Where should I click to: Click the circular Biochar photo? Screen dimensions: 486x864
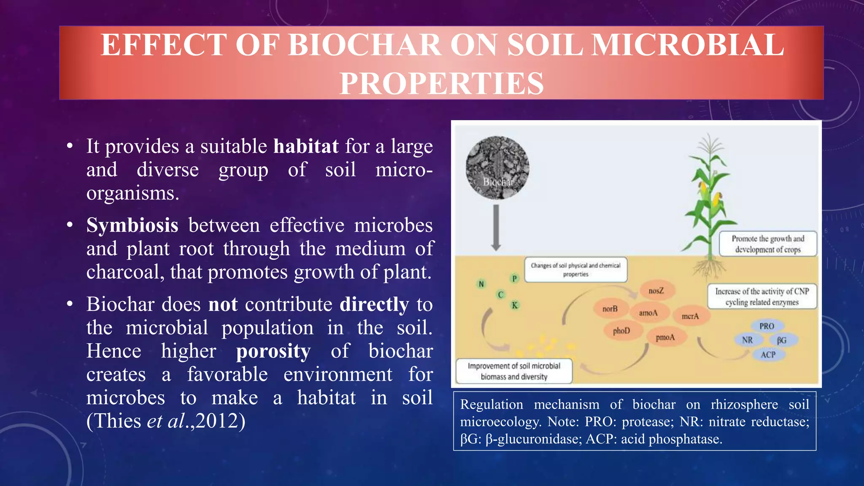[497, 167]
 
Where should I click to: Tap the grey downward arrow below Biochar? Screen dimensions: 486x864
[496, 228]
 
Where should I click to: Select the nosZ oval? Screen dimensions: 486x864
[656, 291]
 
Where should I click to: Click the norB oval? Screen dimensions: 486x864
[610, 309]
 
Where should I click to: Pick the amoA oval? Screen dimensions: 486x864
[648, 313]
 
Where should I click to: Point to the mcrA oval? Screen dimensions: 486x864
[690, 316]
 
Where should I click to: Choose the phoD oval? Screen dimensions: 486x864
[621, 331]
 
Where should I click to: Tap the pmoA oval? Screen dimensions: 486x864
[665, 337]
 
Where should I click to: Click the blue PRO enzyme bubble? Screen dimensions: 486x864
[767, 326]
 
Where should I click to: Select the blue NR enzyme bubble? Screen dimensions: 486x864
[747, 340]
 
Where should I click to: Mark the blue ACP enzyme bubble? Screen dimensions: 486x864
[768, 354]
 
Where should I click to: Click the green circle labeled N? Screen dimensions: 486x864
[481, 284]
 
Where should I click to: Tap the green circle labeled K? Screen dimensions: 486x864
[515, 305]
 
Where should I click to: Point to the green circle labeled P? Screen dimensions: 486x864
[514, 278]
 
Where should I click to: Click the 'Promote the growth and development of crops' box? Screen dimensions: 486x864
[768, 244]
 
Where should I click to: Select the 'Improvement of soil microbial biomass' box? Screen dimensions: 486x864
[514, 371]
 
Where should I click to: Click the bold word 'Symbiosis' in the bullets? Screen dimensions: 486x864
[132, 225]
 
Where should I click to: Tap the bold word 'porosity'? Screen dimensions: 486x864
[273, 351]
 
